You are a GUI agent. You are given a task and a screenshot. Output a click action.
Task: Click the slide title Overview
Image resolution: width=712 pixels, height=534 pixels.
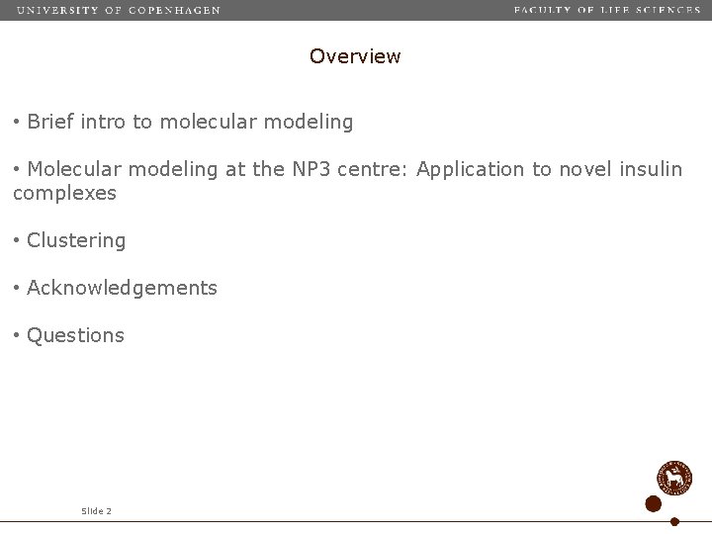click(355, 56)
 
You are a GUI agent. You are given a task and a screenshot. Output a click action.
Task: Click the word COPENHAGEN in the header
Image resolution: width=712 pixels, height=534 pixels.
click(175, 10)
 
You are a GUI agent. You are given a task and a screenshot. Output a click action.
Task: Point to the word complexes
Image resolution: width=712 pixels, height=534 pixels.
click(64, 194)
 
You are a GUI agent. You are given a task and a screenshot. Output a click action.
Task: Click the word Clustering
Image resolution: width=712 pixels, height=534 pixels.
click(76, 240)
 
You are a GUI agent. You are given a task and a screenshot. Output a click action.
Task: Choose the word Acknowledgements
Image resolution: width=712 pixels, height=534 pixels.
click(122, 288)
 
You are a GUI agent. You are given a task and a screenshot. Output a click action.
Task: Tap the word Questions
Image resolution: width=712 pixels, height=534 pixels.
click(75, 335)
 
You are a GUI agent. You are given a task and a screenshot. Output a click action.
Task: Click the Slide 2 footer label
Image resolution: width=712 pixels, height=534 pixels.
click(96, 511)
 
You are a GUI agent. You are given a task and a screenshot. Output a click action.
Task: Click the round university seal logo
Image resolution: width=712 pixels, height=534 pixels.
click(675, 478)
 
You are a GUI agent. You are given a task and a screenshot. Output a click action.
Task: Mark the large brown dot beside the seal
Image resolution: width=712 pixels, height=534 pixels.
click(653, 503)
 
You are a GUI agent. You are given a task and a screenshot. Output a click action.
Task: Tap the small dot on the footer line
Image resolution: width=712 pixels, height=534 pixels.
click(674, 521)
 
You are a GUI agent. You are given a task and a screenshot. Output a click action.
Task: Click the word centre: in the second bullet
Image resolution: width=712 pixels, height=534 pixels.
click(374, 169)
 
